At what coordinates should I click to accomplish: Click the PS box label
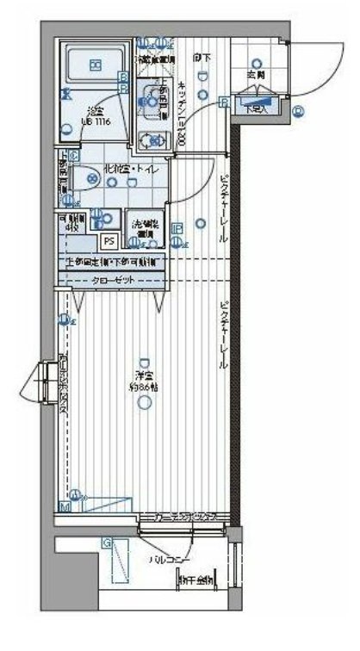click(109, 242)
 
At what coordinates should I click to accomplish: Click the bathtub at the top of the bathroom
click(96, 64)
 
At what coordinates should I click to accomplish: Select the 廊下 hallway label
click(201, 59)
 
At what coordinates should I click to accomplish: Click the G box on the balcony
click(107, 542)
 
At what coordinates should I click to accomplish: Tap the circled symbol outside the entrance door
click(297, 110)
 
